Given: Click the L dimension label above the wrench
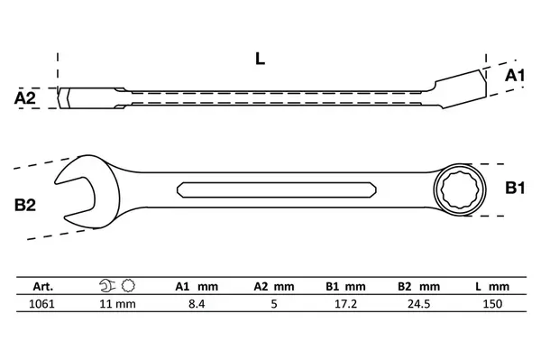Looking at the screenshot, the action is coord(260,59).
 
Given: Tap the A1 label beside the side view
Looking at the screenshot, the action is coord(515,75).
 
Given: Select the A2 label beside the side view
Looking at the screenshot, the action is coord(25,98).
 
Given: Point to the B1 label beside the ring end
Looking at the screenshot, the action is coord(515,188).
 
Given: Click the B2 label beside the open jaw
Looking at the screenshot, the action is coord(25,205).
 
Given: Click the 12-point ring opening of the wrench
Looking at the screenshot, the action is coord(460,189).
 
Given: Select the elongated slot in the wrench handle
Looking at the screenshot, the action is coord(277,189).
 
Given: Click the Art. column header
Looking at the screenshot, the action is coord(43,287).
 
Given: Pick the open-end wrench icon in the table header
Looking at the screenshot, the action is coord(107,286).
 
